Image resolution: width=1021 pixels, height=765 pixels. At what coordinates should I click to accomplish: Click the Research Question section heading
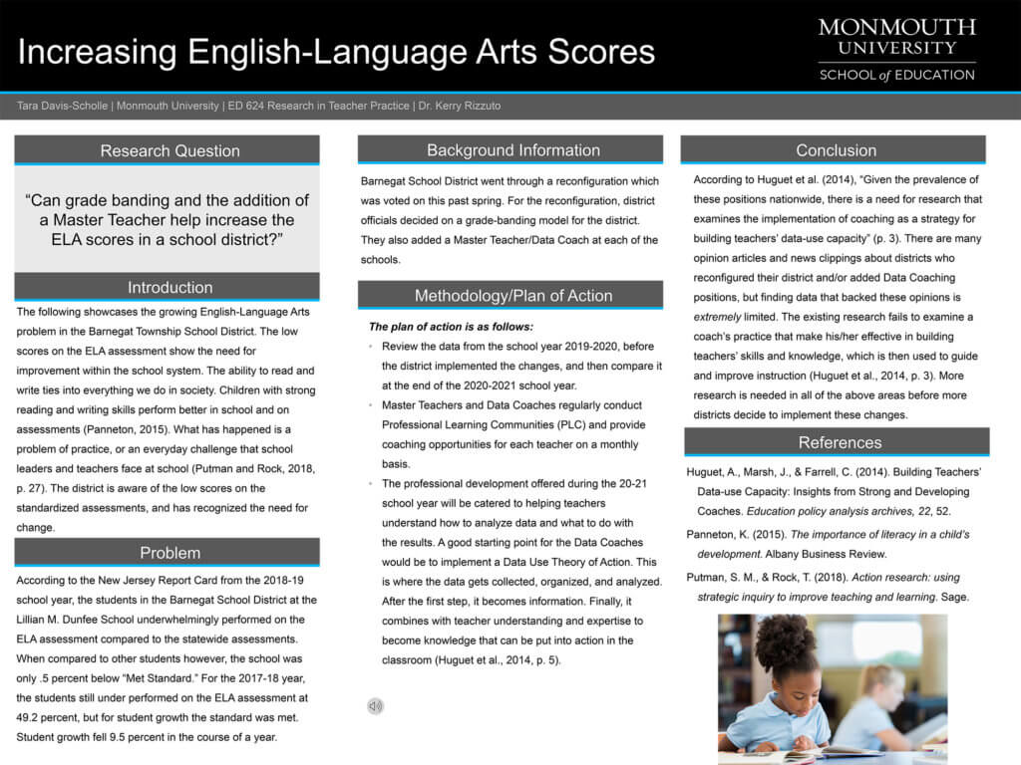pyautogui.click(x=170, y=151)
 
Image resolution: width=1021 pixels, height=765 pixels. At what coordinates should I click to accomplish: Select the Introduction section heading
pyautogui.click(x=170, y=288)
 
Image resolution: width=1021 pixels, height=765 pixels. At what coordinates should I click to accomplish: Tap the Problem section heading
pyautogui.click(x=170, y=553)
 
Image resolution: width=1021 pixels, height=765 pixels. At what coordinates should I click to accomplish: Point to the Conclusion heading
pyautogui.click(x=836, y=150)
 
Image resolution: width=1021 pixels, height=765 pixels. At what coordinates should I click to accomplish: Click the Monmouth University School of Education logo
pyautogui.click(x=896, y=49)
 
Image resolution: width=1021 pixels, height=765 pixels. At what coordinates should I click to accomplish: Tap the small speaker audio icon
pyautogui.click(x=375, y=706)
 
